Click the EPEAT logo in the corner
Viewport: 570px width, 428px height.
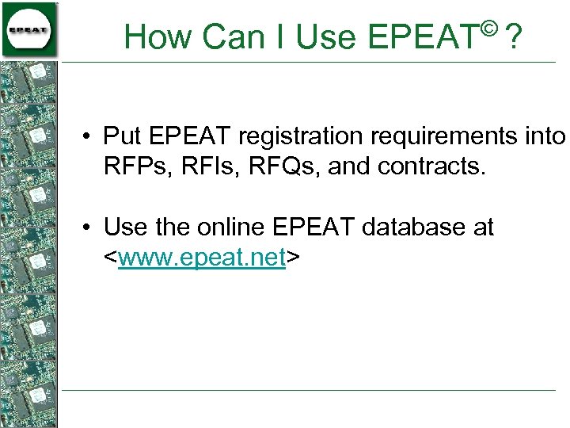(29, 29)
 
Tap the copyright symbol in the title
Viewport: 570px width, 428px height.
(488, 29)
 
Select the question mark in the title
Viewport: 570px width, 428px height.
(515, 36)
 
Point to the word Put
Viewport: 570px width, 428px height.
(122, 136)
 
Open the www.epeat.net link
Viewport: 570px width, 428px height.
(201, 258)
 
